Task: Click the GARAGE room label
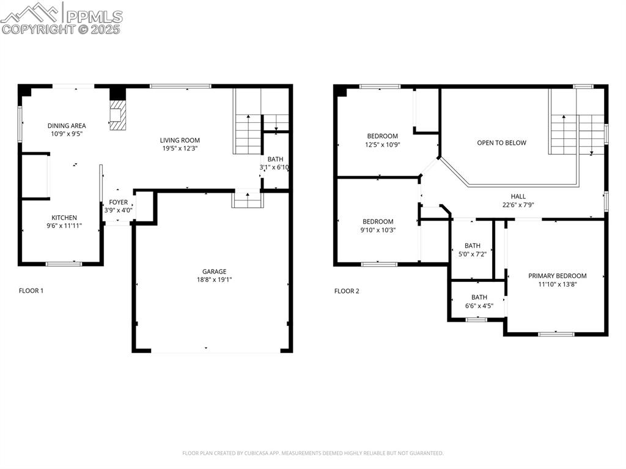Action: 214,271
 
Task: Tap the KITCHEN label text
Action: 64,218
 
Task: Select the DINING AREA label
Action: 67,126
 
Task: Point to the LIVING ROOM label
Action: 180,140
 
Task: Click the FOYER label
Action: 119,202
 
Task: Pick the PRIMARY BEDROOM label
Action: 557,276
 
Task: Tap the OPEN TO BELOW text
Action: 501,142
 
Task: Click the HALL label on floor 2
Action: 518,197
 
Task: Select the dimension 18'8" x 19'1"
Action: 214,280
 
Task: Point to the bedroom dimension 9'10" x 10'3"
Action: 379,230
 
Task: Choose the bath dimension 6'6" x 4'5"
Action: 479,306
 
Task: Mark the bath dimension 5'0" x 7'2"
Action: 473,254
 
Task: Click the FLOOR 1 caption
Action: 31,291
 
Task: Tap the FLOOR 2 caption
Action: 347,291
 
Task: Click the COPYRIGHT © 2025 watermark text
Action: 61,29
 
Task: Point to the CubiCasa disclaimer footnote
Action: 312,453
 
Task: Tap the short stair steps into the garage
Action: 246,199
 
